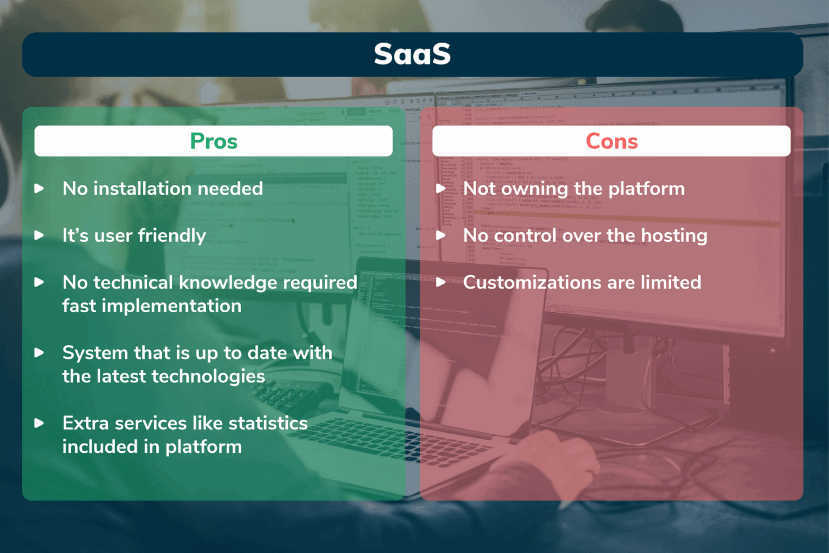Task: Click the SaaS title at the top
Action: pyautogui.click(x=412, y=54)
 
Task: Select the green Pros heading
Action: pyautogui.click(x=214, y=141)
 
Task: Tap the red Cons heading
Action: pyautogui.click(x=611, y=141)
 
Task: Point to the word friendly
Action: pyautogui.click(x=172, y=236)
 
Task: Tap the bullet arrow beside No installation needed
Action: pyautogui.click(x=39, y=188)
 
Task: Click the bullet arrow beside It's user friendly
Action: pyautogui.click(x=39, y=235)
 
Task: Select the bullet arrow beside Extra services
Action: pyautogui.click(x=39, y=423)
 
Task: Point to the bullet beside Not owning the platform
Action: pyautogui.click(x=440, y=188)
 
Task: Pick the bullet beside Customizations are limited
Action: pyautogui.click(x=440, y=282)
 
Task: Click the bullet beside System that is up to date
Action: pyautogui.click(x=39, y=353)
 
